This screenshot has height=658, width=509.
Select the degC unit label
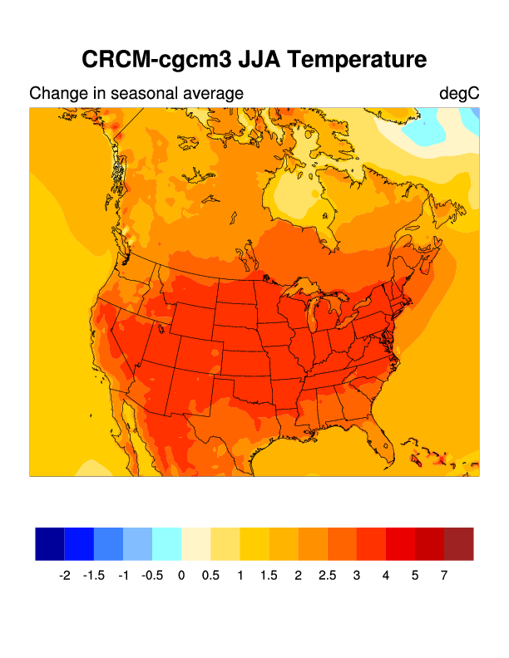pyautogui.click(x=459, y=93)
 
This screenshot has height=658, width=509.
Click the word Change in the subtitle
pyautogui.click(x=56, y=93)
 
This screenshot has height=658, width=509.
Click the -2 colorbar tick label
pyautogui.click(x=65, y=575)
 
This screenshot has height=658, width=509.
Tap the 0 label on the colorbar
pyautogui.click(x=181, y=575)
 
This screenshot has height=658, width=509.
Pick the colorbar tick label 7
pyautogui.click(x=444, y=575)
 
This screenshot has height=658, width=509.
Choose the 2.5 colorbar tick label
pyautogui.click(x=327, y=575)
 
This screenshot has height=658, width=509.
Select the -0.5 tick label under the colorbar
pyautogui.click(x=152, y=575)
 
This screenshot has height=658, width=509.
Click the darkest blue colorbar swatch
pyautogui.click(x=50, y=543)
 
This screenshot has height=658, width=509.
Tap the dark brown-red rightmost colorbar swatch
pyautogui.click(x=458, y=543)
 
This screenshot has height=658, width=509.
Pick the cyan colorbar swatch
pyautogui.click(x=166, y=543)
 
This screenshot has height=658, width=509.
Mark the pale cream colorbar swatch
pyautogui.click(x=195, y=543)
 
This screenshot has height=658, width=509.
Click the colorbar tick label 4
pyautogui.click(x=386, y=575)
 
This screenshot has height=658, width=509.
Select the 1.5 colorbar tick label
pyautogui.click(x=269, y=575)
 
